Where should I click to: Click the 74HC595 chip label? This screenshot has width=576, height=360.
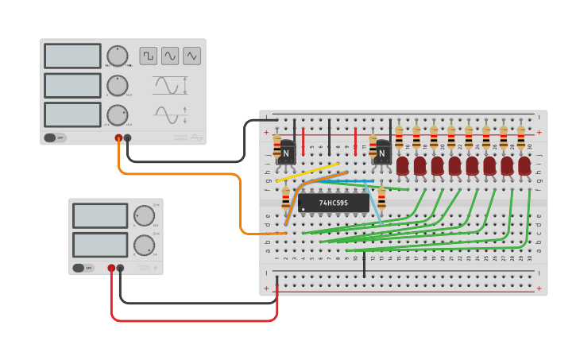[x=333, y=203]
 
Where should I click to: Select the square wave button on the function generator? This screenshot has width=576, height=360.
[x=149, y=56]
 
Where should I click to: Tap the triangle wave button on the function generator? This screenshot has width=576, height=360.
[x=191, y=56]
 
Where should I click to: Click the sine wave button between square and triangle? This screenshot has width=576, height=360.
[x=170, y=56]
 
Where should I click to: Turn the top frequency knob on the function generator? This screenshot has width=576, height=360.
[x=118, y=56]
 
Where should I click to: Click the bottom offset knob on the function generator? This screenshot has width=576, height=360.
[x=118, y=115]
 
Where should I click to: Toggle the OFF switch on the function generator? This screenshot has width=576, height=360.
[x=55, y=137]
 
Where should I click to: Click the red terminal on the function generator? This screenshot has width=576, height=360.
[x=118, y=137]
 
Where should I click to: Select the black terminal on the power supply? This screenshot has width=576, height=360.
[x=120, y=269]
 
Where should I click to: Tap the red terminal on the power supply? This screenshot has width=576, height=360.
[x=111, y=269]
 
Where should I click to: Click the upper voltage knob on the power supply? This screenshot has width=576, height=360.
[x=144, y=216]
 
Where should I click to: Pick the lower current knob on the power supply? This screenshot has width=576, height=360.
[x=144, y=244]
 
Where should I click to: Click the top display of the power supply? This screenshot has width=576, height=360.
[x=100, y=215]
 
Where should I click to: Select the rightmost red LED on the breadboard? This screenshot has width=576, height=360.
[x=524, y=165]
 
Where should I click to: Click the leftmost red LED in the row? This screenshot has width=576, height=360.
[x=403, y=165]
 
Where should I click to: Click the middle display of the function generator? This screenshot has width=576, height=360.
[x=72, y=85]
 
